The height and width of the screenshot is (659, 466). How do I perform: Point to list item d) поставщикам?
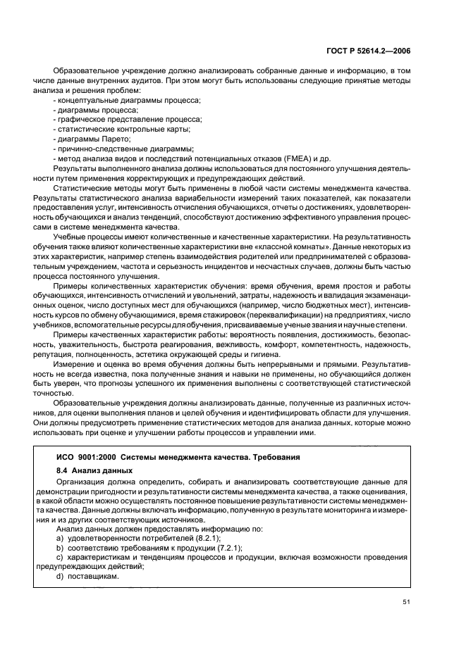[x=87, y=576]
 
